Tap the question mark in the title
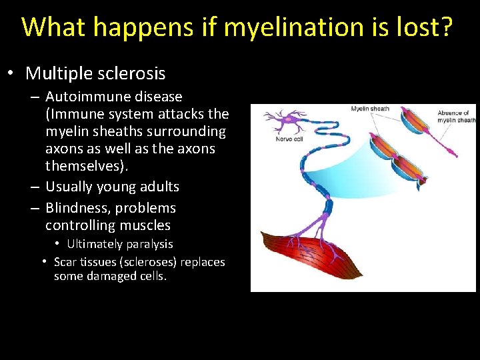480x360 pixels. [445, 27]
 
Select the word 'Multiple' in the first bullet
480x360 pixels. [57, 73]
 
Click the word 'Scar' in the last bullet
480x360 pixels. [65, 262]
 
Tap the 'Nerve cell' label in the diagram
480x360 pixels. [289, 139]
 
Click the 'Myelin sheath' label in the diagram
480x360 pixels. [370, 109]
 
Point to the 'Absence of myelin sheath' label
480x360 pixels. [456, 117]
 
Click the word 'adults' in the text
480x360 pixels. [158, 187]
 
